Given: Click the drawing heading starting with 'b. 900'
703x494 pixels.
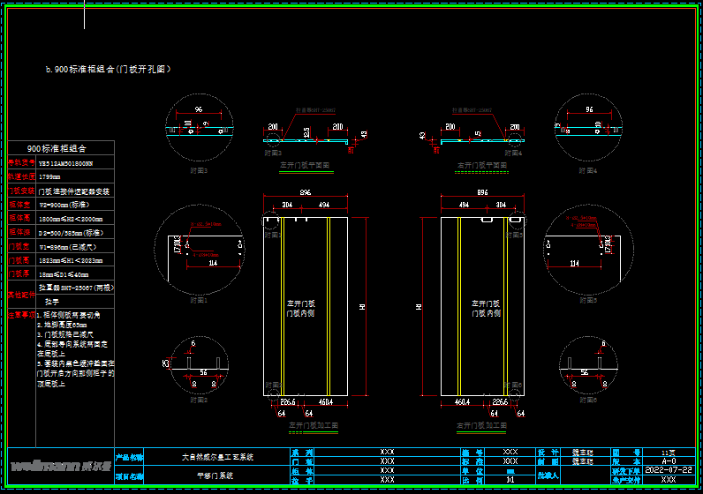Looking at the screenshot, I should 108,69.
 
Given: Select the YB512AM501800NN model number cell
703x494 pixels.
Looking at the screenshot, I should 65,163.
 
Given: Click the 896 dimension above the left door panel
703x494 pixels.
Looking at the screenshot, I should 306,192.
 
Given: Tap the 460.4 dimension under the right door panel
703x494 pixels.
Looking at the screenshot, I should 462,402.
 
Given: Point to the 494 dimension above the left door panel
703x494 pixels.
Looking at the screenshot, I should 322,205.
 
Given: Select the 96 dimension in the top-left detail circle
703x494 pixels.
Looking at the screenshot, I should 197,109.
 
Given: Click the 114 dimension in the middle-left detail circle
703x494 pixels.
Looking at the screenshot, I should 212,263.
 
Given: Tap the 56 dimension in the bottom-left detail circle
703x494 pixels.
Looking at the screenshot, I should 204,373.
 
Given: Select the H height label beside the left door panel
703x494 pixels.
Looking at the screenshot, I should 361,307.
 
